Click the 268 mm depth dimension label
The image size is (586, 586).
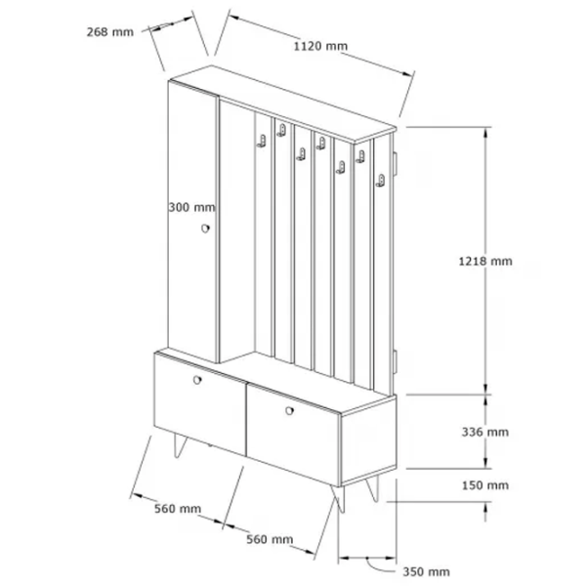point(110,32)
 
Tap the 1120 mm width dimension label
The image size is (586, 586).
point(320,46)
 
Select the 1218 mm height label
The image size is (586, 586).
point(485,261)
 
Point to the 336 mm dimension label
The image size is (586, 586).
point(485,432)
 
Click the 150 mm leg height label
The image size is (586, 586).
point(485,485)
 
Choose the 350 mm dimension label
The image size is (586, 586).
point(426,571)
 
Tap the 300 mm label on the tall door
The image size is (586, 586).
point(191,207)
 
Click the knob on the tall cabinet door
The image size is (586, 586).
point(205,228)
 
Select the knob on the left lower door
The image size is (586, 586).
point(197,380)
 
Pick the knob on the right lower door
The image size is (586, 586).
point(289,411)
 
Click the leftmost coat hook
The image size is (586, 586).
point(262,142)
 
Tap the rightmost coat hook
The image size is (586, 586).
point(381,181)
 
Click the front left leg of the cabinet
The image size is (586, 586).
point(180,446)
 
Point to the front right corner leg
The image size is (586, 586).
point(339,498)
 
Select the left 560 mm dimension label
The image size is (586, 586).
point(178,509)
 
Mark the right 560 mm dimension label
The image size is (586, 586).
point(270,539)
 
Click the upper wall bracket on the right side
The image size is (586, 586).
point(395,163)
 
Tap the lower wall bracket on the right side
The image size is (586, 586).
point(395,361)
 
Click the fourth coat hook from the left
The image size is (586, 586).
point(321,144)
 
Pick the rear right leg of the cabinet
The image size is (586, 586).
point(373,488)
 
